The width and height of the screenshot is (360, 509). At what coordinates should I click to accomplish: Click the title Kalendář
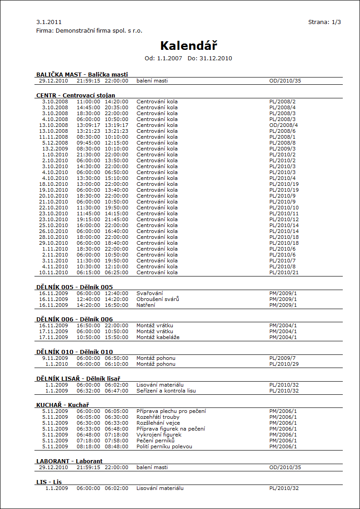click(189, 46)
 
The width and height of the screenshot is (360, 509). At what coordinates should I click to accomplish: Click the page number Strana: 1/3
click(324, 22)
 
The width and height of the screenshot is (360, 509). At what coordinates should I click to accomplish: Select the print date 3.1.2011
click(49, 22)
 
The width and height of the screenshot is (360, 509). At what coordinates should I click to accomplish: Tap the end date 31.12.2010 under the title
click(216, 58)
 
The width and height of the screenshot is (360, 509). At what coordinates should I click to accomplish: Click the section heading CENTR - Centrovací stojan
click(75, 95)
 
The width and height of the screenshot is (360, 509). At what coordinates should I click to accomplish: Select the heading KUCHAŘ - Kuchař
click(63, 405)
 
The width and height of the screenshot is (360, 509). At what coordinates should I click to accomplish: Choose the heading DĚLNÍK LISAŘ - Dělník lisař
click(78, 378)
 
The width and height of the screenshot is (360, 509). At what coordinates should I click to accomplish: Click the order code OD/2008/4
click(283, 125)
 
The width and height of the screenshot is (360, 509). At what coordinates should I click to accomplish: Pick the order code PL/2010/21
click(284, 272)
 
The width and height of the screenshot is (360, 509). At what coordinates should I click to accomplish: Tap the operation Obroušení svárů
click(158, 299)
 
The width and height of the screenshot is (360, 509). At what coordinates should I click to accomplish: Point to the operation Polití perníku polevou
click(164, 446)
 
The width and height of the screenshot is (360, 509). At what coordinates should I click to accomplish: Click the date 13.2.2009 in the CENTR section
click(55, 149)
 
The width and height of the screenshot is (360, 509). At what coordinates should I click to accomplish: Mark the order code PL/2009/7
click(282, 358)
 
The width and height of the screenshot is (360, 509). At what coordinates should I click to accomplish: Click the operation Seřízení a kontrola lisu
click(166, 391)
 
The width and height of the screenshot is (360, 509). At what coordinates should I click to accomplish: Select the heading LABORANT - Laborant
click(69, 461)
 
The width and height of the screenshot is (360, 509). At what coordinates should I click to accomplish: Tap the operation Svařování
click(150, 293)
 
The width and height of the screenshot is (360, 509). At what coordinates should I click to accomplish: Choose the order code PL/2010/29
click(284, 364)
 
